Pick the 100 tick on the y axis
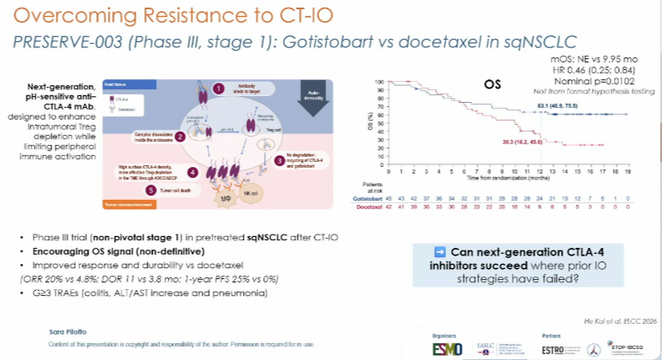pyautogui.click(x=380, y=83)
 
